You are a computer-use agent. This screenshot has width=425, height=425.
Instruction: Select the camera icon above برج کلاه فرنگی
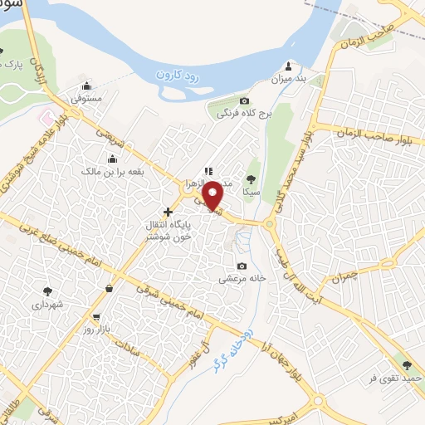point(221,101)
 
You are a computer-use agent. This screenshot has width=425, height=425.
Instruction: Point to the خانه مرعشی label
point(242,279)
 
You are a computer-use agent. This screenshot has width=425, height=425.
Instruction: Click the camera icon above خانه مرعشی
point(242,266)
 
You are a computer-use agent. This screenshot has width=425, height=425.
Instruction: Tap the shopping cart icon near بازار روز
point(97,316)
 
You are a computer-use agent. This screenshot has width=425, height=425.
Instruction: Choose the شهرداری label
point(46,305)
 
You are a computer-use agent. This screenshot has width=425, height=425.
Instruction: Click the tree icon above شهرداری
point(46,291)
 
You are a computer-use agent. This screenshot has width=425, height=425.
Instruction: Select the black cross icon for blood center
point(169,212)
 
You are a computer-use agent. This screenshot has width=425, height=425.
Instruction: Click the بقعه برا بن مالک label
point(112,172)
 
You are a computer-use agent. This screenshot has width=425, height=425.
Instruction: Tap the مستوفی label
point(86,98)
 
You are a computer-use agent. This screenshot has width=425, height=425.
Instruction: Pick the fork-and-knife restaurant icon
point(208,172)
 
